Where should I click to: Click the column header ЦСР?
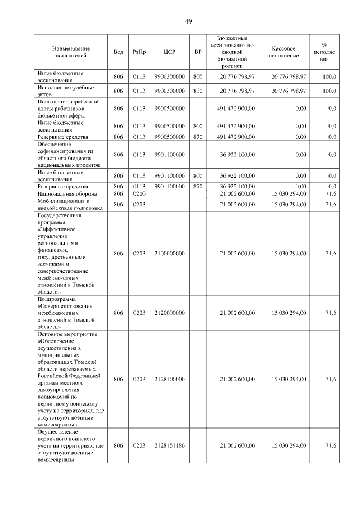[169, 52]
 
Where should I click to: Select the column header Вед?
[118, 52]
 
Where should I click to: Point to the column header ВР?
[198, 52]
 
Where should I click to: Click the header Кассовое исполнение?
[288, 52]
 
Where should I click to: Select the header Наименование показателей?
[71, 52]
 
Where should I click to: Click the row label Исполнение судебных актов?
[66, 91]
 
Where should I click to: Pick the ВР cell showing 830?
[198, 91]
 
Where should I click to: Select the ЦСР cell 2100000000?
[169, 254]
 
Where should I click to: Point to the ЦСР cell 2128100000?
[169, 380]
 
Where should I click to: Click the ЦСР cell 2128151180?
[169, 445]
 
